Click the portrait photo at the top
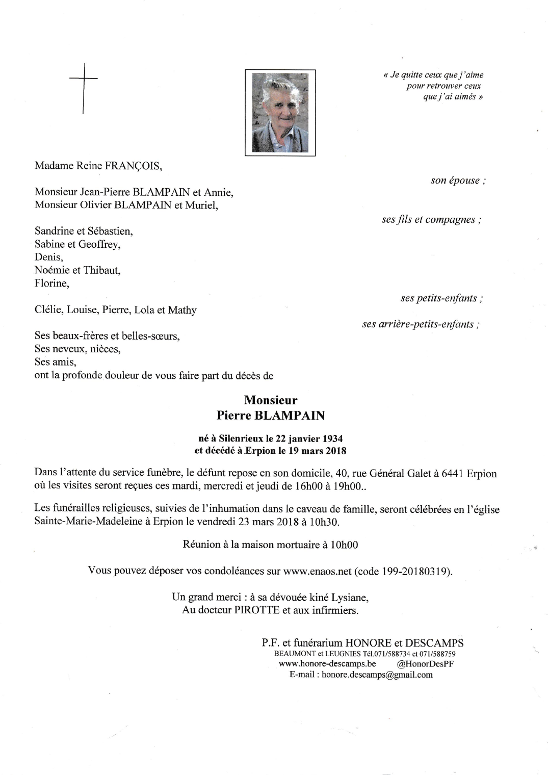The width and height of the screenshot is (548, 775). pyautogui.click(x=280, y=112)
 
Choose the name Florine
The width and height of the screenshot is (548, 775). pyautogui.click(x=50, y=283)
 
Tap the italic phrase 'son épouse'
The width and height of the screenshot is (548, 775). pyautogui.click(x=455, y=180)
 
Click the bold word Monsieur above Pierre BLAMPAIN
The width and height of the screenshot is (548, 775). pyautogui.click(x=271, y=401)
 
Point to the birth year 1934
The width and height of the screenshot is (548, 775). pyautogui.click(x=331, y=438)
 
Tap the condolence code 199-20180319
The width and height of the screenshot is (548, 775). pyautogui.click(x=415, y=571)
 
